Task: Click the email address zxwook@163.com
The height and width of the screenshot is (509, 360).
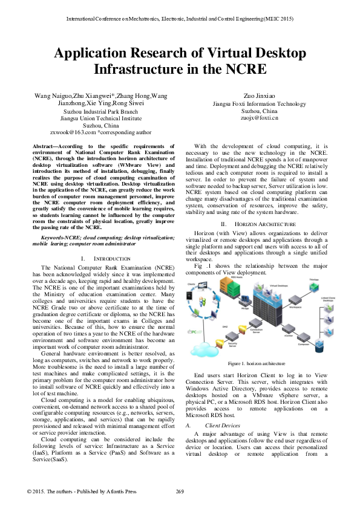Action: point(73,131)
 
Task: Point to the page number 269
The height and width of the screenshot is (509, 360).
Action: point(180,491)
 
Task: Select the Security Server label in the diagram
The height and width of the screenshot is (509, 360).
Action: point(232,345)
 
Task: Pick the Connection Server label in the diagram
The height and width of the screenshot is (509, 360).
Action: point(256,331)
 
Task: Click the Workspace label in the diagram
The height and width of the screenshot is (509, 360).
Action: point(295,307)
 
